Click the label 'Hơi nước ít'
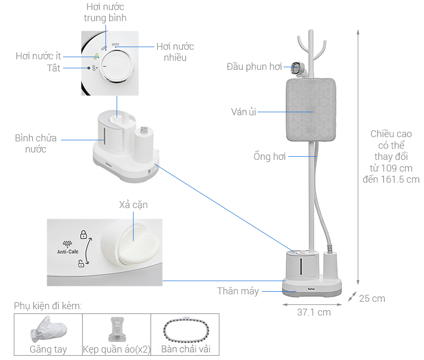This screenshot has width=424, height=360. click(x=38, y=56)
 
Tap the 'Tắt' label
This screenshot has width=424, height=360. click(x=54, y=68)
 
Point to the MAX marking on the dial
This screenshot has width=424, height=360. click(x=116, y=44)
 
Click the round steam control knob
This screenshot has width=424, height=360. click(x=117, y=66)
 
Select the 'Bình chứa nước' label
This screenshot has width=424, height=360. click(x=36, y=143)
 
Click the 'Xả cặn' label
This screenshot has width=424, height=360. click(x=134, y=205)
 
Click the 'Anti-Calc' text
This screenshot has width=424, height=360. click(x=68, y=251)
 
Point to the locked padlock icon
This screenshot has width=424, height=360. click(x=83, y=235)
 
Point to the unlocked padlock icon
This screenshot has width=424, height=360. click(x=81, y=263)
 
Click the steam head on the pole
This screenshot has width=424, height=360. click(x=297, y=68)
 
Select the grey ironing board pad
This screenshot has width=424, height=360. click(x=311, y=110)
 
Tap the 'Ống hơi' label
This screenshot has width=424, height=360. click(x=270, y=156)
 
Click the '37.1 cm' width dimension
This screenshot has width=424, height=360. click(x=314, y=312)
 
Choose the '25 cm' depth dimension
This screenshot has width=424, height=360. click(x=372, y=299)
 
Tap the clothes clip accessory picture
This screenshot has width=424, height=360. click(x=117, y=329)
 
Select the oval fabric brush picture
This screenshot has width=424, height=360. click(x=187, y=330)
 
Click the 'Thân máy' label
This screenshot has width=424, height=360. click(x=238, y=291)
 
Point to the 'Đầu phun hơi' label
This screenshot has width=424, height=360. click(x=254, y=66)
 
